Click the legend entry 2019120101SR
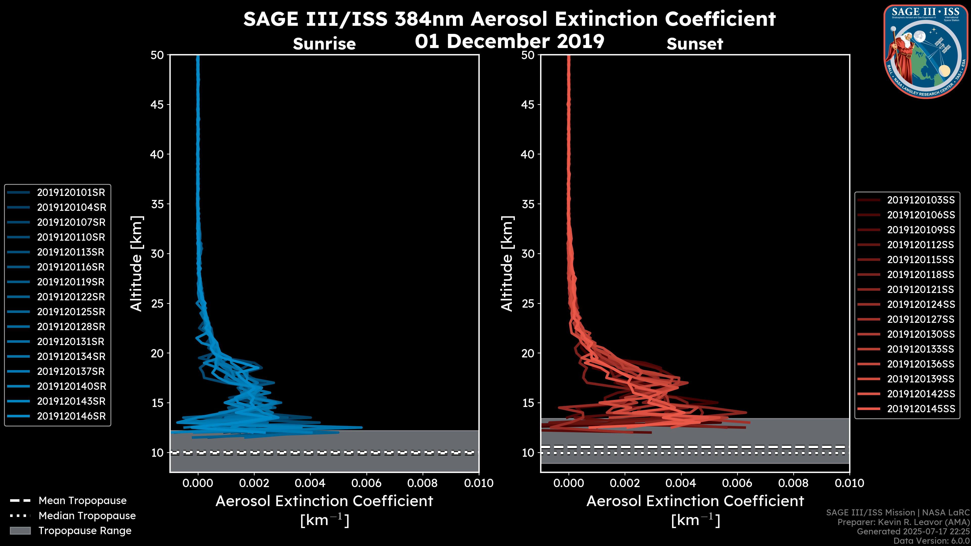(71, 193)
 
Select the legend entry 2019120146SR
(71, 416)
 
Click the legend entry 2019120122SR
(71, 297)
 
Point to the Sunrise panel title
(324, 44)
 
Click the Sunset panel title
(695, 44)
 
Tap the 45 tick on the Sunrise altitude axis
(157, 105)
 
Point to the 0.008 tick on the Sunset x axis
(793, 483)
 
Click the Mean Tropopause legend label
(82, 501)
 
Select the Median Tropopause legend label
(87, 516)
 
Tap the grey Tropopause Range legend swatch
(20, 531)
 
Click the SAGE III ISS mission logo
(925, 51)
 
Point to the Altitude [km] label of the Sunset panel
(507, 264)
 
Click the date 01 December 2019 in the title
(510, 41)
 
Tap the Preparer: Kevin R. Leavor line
(903, 522)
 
